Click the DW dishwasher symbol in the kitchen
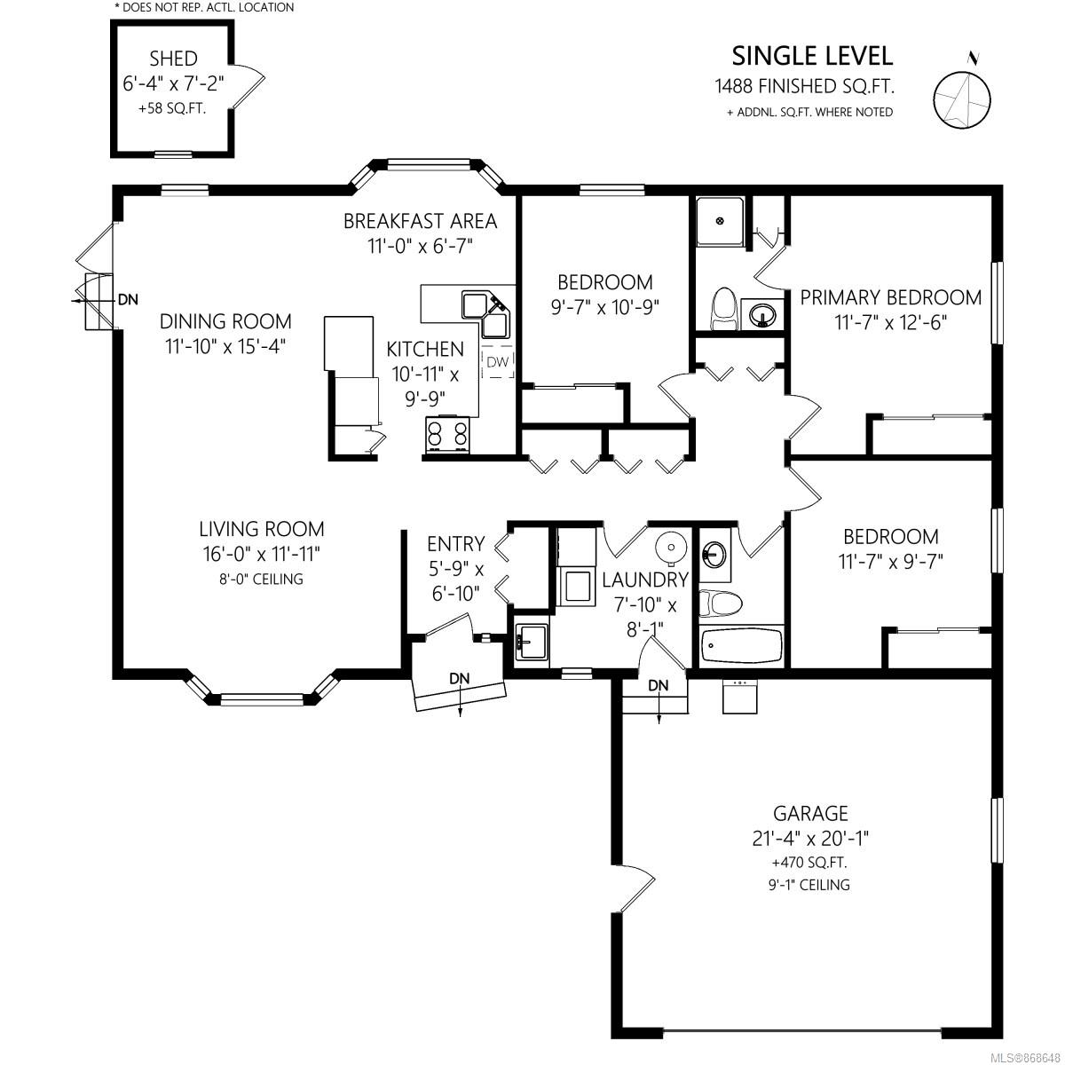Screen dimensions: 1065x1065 pos(497,362)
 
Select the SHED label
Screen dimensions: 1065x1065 pos(173,58)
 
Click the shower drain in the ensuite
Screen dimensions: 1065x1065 pos(720,221)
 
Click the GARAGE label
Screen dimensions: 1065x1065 pos(810,814)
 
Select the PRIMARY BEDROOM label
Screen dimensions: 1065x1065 pos(890,297)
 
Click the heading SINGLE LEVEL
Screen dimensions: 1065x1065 pos(812,57)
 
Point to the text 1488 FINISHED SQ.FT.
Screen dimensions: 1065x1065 pos(804,86)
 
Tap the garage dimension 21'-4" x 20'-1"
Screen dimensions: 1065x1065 pos(810,839)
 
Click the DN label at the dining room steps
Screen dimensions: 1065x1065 pos(128,300)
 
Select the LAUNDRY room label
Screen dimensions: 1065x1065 pos(645,580)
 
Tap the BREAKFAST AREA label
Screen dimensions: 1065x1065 pos(420,221)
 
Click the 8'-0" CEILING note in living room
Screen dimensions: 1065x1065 pos(261,580)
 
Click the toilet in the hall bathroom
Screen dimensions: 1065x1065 pos(720,603)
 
